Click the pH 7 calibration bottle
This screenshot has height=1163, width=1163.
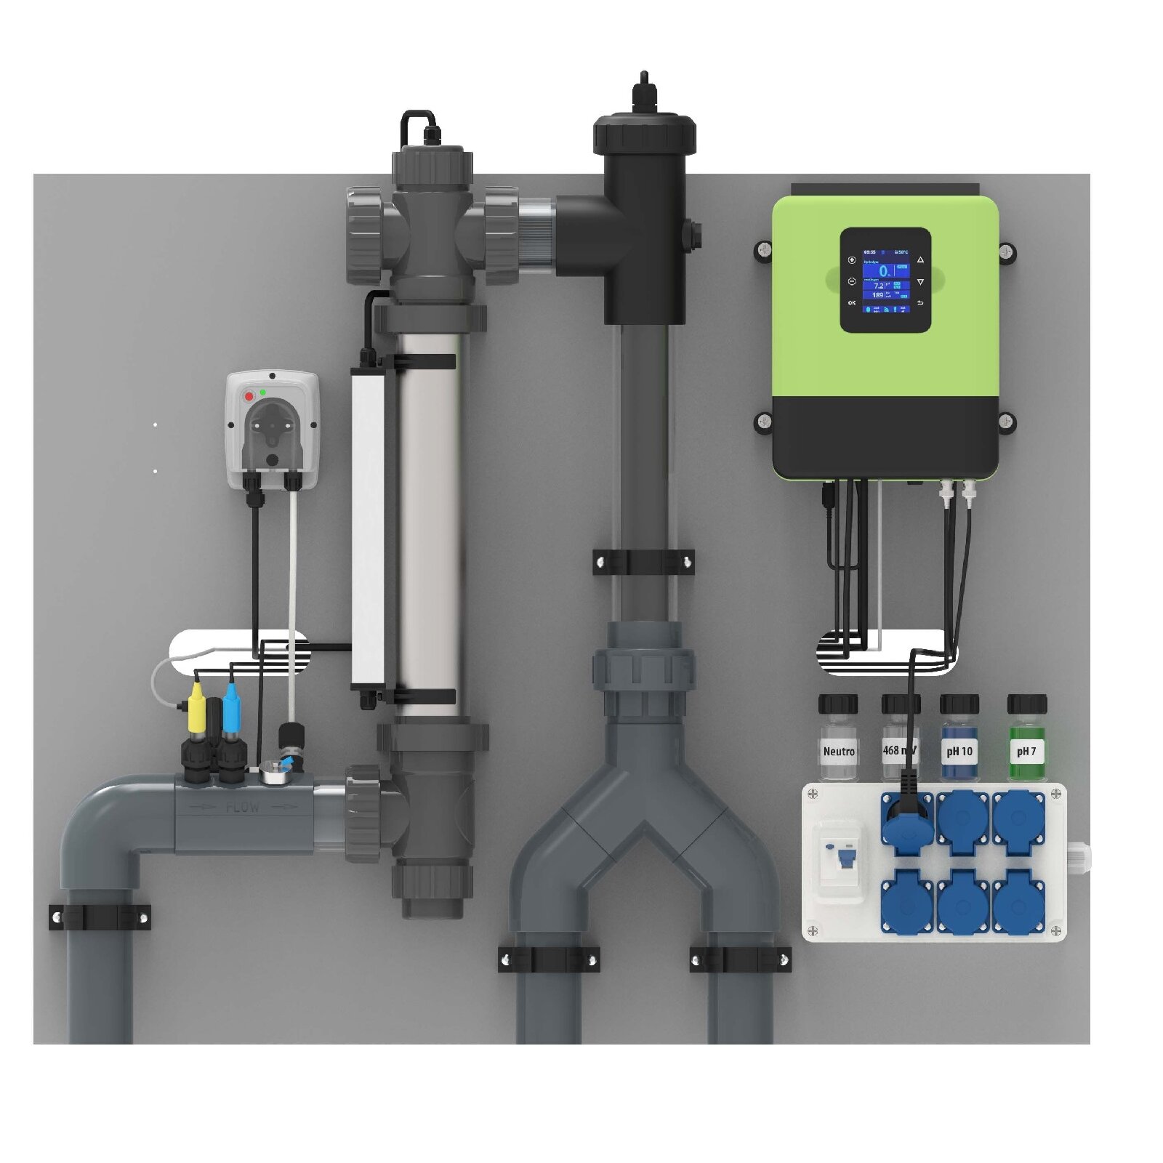(1026, 741)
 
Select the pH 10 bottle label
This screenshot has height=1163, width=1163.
(959, 752)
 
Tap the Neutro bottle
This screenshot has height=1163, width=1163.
(838, 741)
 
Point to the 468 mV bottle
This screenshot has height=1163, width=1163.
(900, 741)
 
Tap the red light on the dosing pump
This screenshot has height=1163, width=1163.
(249, 396)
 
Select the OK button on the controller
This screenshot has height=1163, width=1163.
(852, 302)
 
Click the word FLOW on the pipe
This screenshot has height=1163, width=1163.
(242, 808)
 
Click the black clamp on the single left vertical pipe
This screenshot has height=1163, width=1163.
(100, 917)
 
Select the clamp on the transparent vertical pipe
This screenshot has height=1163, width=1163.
(643, 561)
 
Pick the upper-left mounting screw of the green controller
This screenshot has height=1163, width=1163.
(763, 251)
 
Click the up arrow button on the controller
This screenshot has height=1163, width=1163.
(920, 259)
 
